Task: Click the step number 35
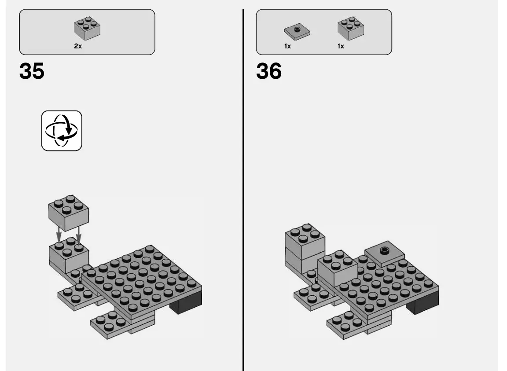click(32, 71)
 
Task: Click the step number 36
click(269, 71)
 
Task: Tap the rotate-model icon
click(62, 131)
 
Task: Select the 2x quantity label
click(78, 46)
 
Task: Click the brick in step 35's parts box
click(87, 28)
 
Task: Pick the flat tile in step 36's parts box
click(297, 32)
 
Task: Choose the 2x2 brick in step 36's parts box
click(350, 28)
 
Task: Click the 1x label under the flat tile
click(287, 46)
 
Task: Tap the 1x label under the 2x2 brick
click(341, 46)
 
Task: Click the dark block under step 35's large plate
click(187, 304)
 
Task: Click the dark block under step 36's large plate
click(423, 304)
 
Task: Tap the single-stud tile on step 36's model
click(385, 254)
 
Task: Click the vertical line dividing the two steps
click(243, 189)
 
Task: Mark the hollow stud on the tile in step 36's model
click(385, 250)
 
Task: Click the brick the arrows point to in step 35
click(68, 255)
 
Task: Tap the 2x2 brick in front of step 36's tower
click(337, 268)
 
